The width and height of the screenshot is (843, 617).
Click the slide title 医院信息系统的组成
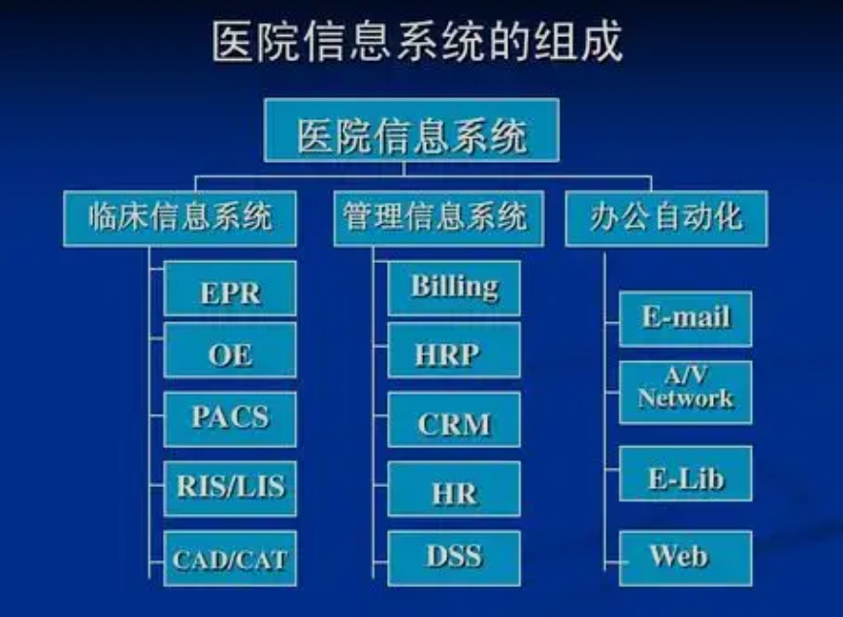pyautogui.click(x=417, y=42)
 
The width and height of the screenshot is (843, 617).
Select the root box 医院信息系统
pyautogui.click(x=412, y=131)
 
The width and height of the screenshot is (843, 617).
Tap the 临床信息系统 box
pyautogui.click(x=180, y=218)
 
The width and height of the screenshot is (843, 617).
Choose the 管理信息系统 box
pyautogui.click(x=438, y=218)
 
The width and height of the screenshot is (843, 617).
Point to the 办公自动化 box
pyautogui.click(x=666, y=218)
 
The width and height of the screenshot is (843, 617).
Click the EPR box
pyautogui.click(x=230, y=289)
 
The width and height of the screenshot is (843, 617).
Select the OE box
pyautogui.click(x=230, y=350)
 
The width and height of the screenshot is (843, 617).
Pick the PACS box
pyautogui.click(x=230, y=420)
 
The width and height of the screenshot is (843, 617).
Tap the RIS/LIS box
pyautogui.click(x=230, y=489)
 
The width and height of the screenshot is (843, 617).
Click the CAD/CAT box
pyautogui.click(x=230, y=559)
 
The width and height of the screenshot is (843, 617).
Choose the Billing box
pyautogui.click(x=454, y=289)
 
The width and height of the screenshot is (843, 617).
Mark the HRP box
pyautogui.click(x=454, y=350)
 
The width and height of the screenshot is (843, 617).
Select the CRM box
pyautogui.click(x=454, y=420)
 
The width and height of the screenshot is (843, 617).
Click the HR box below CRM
pyautogui.click(x=454, y=489)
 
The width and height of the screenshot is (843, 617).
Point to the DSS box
pyautogui.click(x=454, y=559)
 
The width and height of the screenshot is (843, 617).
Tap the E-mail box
pyautogui.click(x=686, y=319)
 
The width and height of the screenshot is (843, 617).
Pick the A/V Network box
pyautogui.click(x=686, y=393)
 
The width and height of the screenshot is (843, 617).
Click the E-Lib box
pyautogui.click(x=686, y=473)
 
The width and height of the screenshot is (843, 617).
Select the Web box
pyautogui.click(x=686, y=559)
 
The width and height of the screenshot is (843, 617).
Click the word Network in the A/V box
pyautogui.click(x=686, y=399)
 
